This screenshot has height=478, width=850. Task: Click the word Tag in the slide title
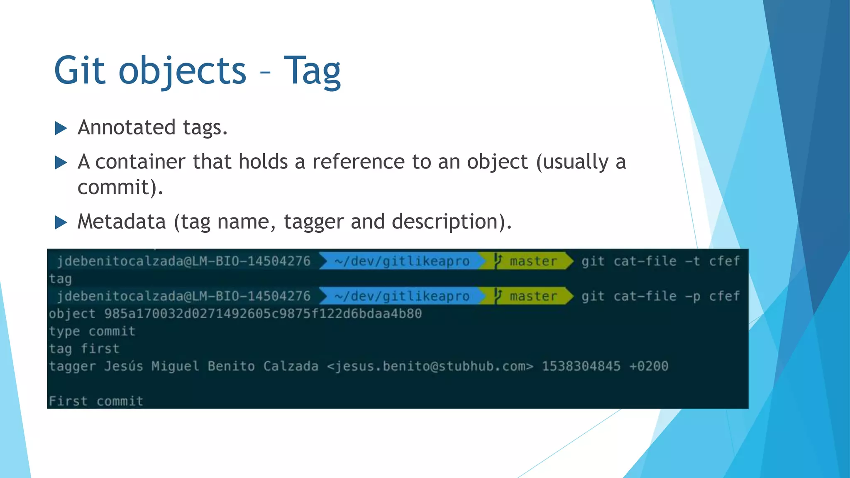tap(312, 71)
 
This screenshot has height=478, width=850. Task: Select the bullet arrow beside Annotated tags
tap(61, 128)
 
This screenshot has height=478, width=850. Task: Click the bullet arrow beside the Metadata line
tap(61, 222)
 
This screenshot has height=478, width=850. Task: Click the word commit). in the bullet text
tap(120, 188)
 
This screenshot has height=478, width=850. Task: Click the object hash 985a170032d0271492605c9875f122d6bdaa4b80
tap(263, 314)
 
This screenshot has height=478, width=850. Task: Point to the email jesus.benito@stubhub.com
tap(430, 366)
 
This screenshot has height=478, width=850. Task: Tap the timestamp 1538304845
tap(581, 366)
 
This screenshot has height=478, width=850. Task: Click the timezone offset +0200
tap(649, 366)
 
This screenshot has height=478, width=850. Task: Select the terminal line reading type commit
tap(92, 331)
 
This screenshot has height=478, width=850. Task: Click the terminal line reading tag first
tap(84, 349)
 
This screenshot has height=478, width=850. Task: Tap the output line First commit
tap(96, 401)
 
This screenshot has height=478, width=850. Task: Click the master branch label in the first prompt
tap(533, 261)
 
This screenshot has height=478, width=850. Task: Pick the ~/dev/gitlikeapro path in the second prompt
tap(402, 296)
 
